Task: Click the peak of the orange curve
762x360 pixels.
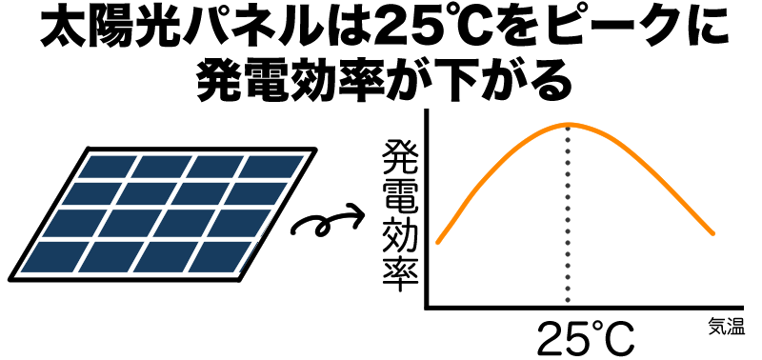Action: click(569, 124)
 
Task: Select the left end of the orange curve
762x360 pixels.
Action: click(437, 243)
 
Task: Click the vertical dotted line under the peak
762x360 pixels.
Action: click(569, 219)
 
